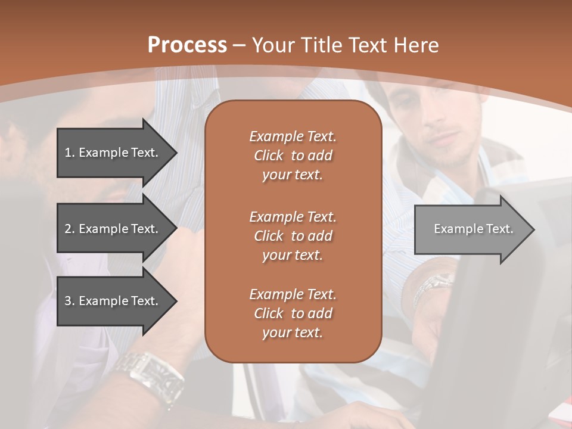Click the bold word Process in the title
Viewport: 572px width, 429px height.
tap(187, 45)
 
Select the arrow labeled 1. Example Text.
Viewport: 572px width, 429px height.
tap(113, 153)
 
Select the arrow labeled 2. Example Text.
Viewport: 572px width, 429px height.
tap(113, 229)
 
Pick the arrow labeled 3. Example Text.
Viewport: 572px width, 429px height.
tap(113, 301)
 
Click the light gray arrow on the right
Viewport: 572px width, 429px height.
tap(471, 229)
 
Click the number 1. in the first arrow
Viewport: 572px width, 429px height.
tap(69, 153)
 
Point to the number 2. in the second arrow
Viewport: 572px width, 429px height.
tap(69, 229)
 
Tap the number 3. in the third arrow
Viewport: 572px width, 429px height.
tap(69, 301)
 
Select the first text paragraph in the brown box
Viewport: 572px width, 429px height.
tap(293, 156)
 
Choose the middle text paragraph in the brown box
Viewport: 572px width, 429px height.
tap(293, 235)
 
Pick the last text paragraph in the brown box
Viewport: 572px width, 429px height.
tap(293, 313)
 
